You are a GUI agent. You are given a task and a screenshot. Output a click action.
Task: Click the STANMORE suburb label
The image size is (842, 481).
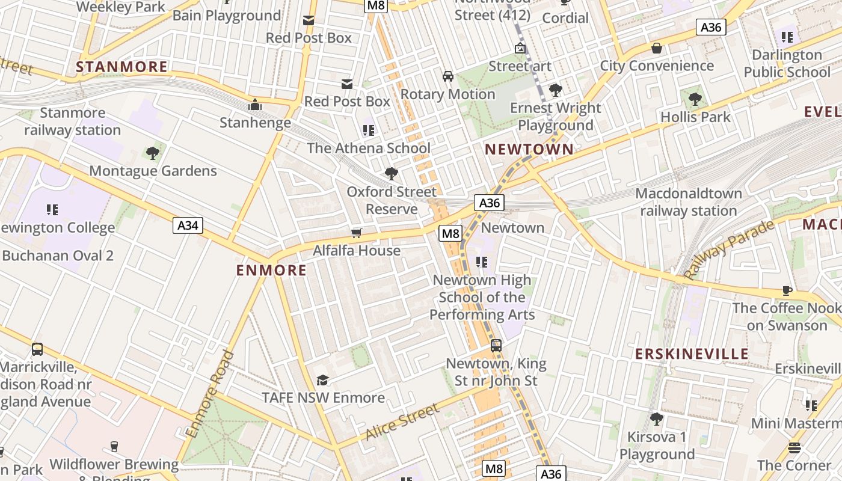tap(121, 67)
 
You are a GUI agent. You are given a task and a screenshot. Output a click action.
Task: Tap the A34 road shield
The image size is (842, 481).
tap(188, 225)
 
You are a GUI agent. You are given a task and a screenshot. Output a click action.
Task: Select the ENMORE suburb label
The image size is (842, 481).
tap(271, 271)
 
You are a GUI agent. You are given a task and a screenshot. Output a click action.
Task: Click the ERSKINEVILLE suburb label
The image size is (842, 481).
tap(692, 354)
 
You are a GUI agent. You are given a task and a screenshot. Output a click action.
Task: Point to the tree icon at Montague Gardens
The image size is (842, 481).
tap(153, 153)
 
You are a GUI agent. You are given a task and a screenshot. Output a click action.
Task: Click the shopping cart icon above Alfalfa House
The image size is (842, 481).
tap(357, 233)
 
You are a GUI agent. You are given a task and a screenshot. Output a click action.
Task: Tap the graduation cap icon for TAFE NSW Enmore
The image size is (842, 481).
tap(323, 380)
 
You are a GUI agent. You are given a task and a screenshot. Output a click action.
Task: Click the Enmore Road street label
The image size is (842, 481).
tap(210, 394)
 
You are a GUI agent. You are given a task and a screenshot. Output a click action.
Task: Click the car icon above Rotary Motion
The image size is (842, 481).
tap(448, 76)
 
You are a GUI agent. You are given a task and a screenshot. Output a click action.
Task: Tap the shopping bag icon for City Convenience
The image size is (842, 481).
tap(657, 47)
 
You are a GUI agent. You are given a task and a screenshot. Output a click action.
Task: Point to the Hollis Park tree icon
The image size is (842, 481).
tap(695, 99)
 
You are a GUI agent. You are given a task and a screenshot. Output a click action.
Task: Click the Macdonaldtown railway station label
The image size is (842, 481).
tap(688, 202)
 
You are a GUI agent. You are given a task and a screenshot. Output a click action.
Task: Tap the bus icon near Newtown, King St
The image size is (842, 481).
tap(496, 346)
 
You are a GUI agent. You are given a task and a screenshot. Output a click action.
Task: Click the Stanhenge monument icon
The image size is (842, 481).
tap(255, 105)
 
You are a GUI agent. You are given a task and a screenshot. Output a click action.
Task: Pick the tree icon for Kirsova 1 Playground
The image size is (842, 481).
tap(657, 418)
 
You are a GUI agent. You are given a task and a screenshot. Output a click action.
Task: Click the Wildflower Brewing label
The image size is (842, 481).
tap(114, 465)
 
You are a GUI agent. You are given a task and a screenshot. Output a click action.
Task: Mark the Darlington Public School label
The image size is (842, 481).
tap(787, 63)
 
